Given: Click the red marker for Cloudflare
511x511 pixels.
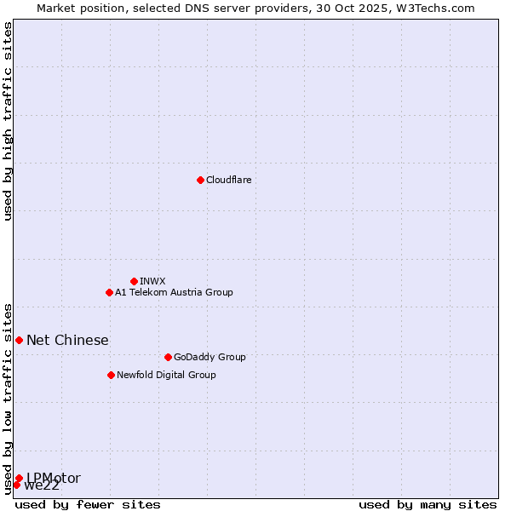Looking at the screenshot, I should [200, 180].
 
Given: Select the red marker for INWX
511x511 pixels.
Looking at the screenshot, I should [134, 281].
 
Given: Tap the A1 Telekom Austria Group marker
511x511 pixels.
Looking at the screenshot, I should [109, 292].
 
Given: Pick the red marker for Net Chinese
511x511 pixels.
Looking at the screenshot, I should [19, 340].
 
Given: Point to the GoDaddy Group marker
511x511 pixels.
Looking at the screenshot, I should [168, 357].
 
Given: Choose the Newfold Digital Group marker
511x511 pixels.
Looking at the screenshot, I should [111, 375].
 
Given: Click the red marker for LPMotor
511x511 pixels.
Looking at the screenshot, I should [19, 478].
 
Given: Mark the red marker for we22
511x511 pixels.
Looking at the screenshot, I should [16, 485].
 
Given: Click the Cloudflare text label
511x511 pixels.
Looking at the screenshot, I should [228, 180].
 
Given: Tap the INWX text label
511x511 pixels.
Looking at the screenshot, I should [152, 281].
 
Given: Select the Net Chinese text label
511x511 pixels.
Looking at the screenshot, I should [67, 341].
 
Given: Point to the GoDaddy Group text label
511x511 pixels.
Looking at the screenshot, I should [209, 357].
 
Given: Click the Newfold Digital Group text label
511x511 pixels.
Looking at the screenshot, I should [166, 375].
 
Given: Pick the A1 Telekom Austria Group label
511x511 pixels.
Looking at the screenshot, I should [174, 292].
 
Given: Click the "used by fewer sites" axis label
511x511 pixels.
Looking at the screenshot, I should [88, 504].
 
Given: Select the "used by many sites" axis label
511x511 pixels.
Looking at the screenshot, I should [428, 504].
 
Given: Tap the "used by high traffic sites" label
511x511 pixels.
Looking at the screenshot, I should [9, 121].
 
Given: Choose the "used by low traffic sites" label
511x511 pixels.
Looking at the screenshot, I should [9, 398].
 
